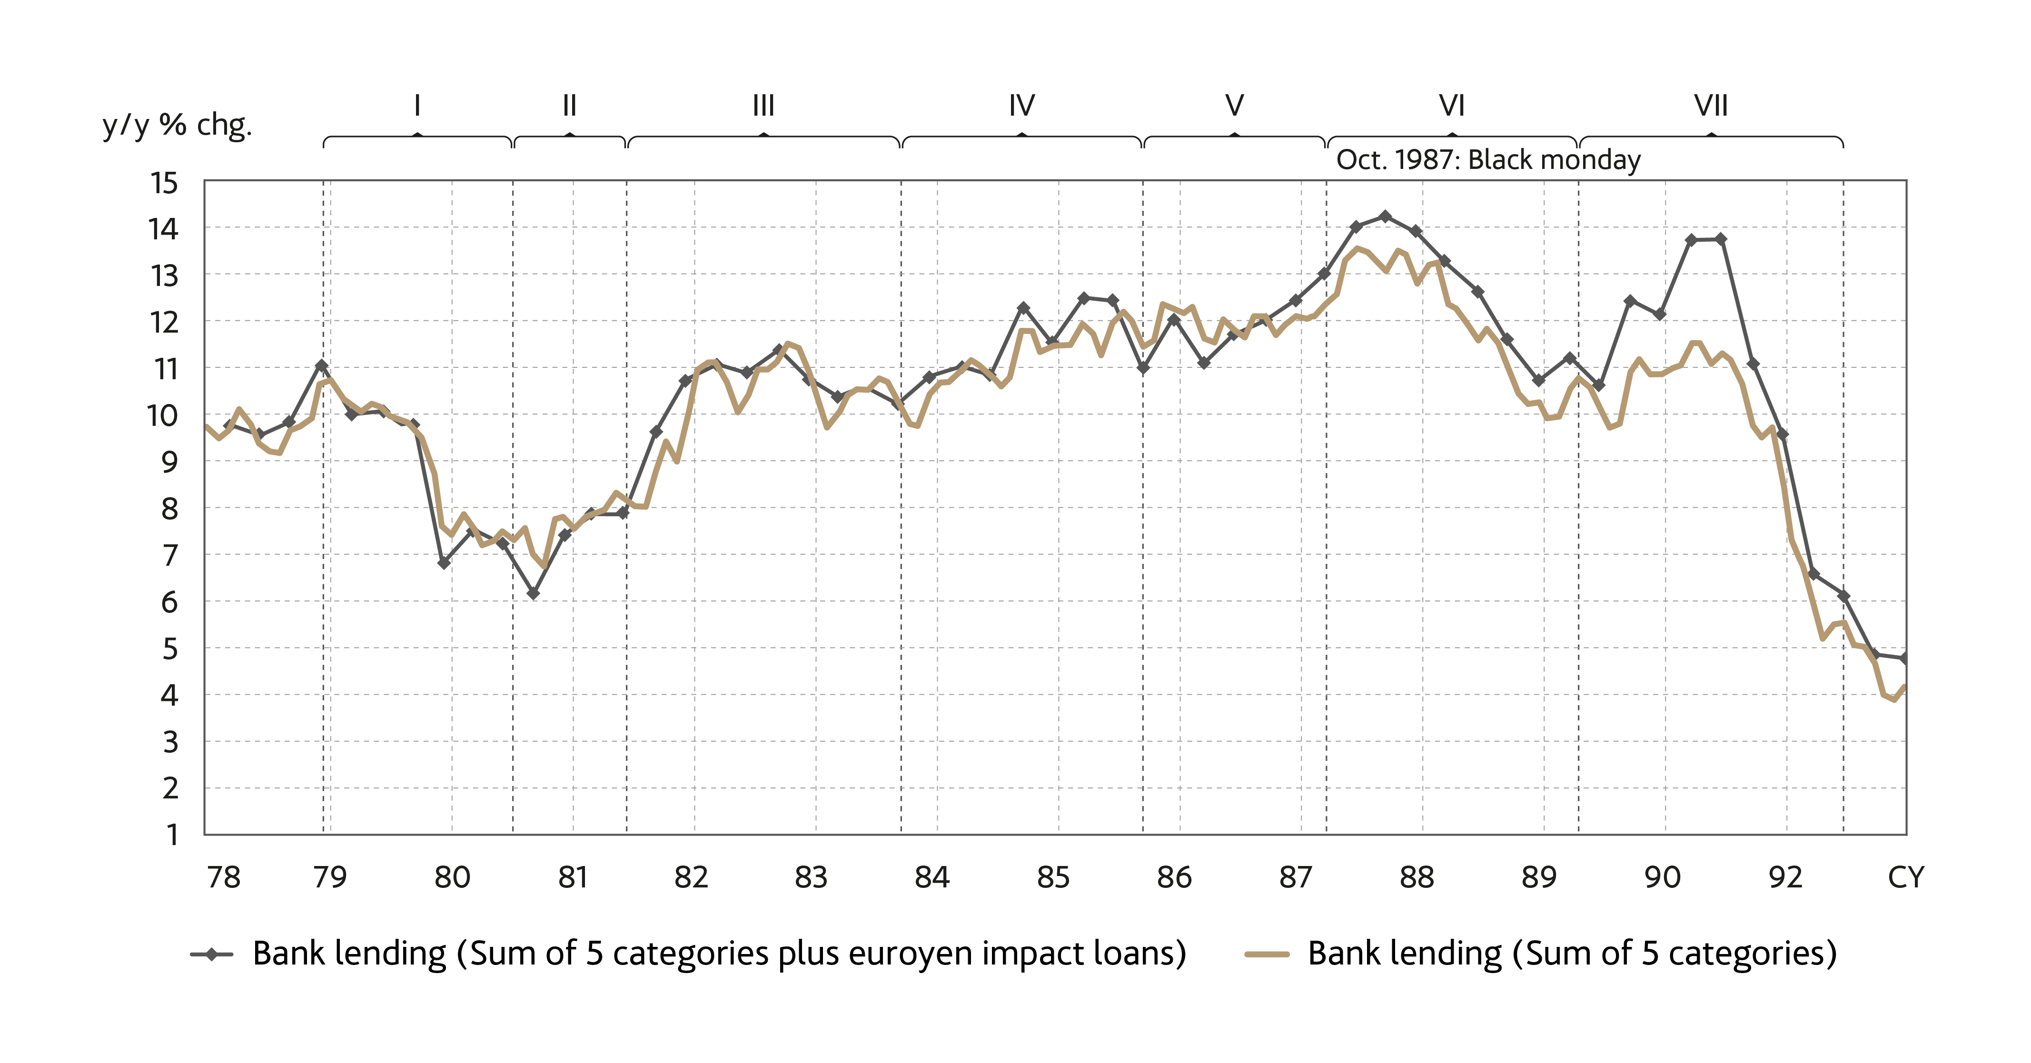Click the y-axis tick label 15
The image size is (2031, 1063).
(x=164, y=184)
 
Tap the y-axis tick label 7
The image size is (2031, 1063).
(x=169, y=556)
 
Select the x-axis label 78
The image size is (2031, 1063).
(x=223, y=877)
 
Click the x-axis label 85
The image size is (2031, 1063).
(x=1053, y=877)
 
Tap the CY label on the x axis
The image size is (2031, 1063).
(x=1906, y=877)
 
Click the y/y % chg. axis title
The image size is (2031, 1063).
(x=178, y=125)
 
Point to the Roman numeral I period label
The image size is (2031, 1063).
(x=417, y=106)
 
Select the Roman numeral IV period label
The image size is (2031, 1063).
(x=1022, y=106)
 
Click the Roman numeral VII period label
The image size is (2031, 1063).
(x=1711, y=106)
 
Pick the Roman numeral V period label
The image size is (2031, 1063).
(x=1235, y=106)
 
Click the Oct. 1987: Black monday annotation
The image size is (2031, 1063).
(x=1488, y=160)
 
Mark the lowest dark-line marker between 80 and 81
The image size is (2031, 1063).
(x=533, y=593)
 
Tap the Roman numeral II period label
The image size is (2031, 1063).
(x=569, y=106)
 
